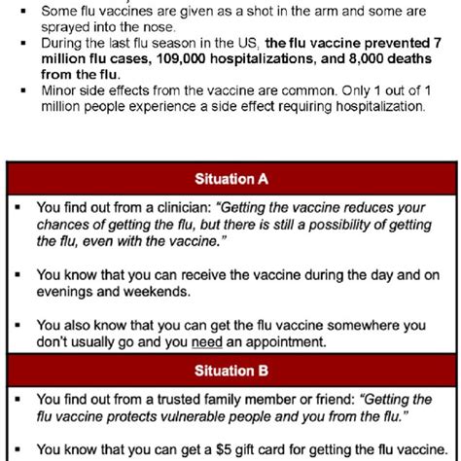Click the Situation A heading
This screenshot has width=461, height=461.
click(x=230, y=179)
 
